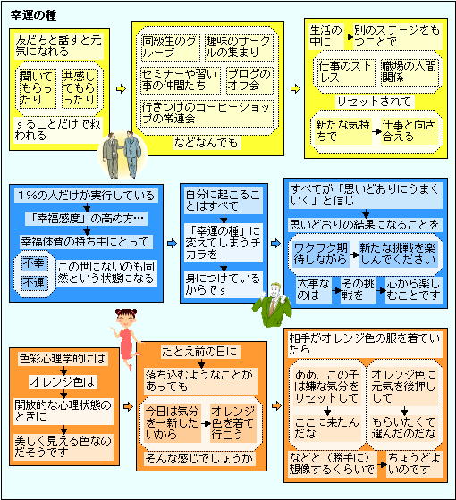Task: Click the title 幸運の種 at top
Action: [33, 15]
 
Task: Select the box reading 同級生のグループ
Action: [171, 47]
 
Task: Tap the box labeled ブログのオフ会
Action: [249, 80]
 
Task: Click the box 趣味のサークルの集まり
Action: [239, 47]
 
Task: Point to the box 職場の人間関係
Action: [410, 72]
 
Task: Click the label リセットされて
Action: [374, 102]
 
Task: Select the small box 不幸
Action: [34, 263]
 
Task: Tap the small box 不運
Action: [34, 283]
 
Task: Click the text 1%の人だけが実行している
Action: [86, 196]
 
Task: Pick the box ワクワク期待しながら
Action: [321, 254]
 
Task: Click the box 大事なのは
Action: [313, 290]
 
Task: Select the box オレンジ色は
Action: [63, 382]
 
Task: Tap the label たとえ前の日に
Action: [200, 352]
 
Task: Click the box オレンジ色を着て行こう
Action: [233, 423]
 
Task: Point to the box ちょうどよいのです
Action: [414, 463]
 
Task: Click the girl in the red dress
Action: [126, 338]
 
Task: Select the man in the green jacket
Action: [273, 304]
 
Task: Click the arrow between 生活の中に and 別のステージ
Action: [349, 37]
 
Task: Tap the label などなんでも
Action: [207, 143]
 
